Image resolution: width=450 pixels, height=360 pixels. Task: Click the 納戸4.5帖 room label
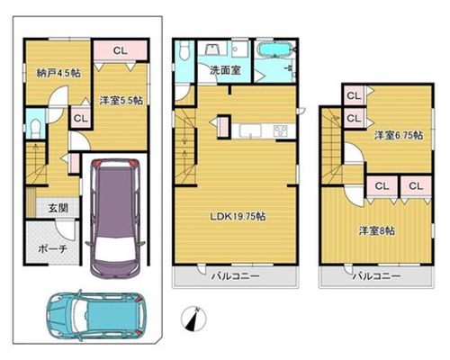tap(58, 73)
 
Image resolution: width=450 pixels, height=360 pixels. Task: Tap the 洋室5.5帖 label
tap(121, 100)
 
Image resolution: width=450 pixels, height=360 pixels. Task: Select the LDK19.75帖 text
tap(238, 216)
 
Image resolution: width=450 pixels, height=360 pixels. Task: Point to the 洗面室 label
tap(225, 70)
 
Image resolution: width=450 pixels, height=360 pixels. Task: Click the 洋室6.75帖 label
tap(399, 136)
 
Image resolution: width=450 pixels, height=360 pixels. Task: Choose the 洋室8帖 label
tap(377, 230)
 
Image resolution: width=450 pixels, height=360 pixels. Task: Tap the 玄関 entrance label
tap(58, 208)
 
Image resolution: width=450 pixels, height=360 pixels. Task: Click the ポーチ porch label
tap(52, 248)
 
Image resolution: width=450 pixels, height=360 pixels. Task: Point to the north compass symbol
tap(193, 319)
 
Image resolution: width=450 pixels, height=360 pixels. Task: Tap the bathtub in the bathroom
tap(274, 49)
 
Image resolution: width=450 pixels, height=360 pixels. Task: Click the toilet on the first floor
tap(36, 129)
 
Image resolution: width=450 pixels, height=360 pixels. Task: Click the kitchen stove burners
tap(280, 130)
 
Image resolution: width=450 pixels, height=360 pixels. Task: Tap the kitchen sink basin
tap(250, 130)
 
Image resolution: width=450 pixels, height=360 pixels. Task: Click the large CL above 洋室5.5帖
tap(121, 50)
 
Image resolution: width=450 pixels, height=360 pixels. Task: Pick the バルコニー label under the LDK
tap(236, 276)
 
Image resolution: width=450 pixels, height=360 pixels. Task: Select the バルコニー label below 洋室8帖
tap(376, 276)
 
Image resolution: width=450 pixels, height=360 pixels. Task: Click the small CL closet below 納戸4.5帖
tap(80, 118)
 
